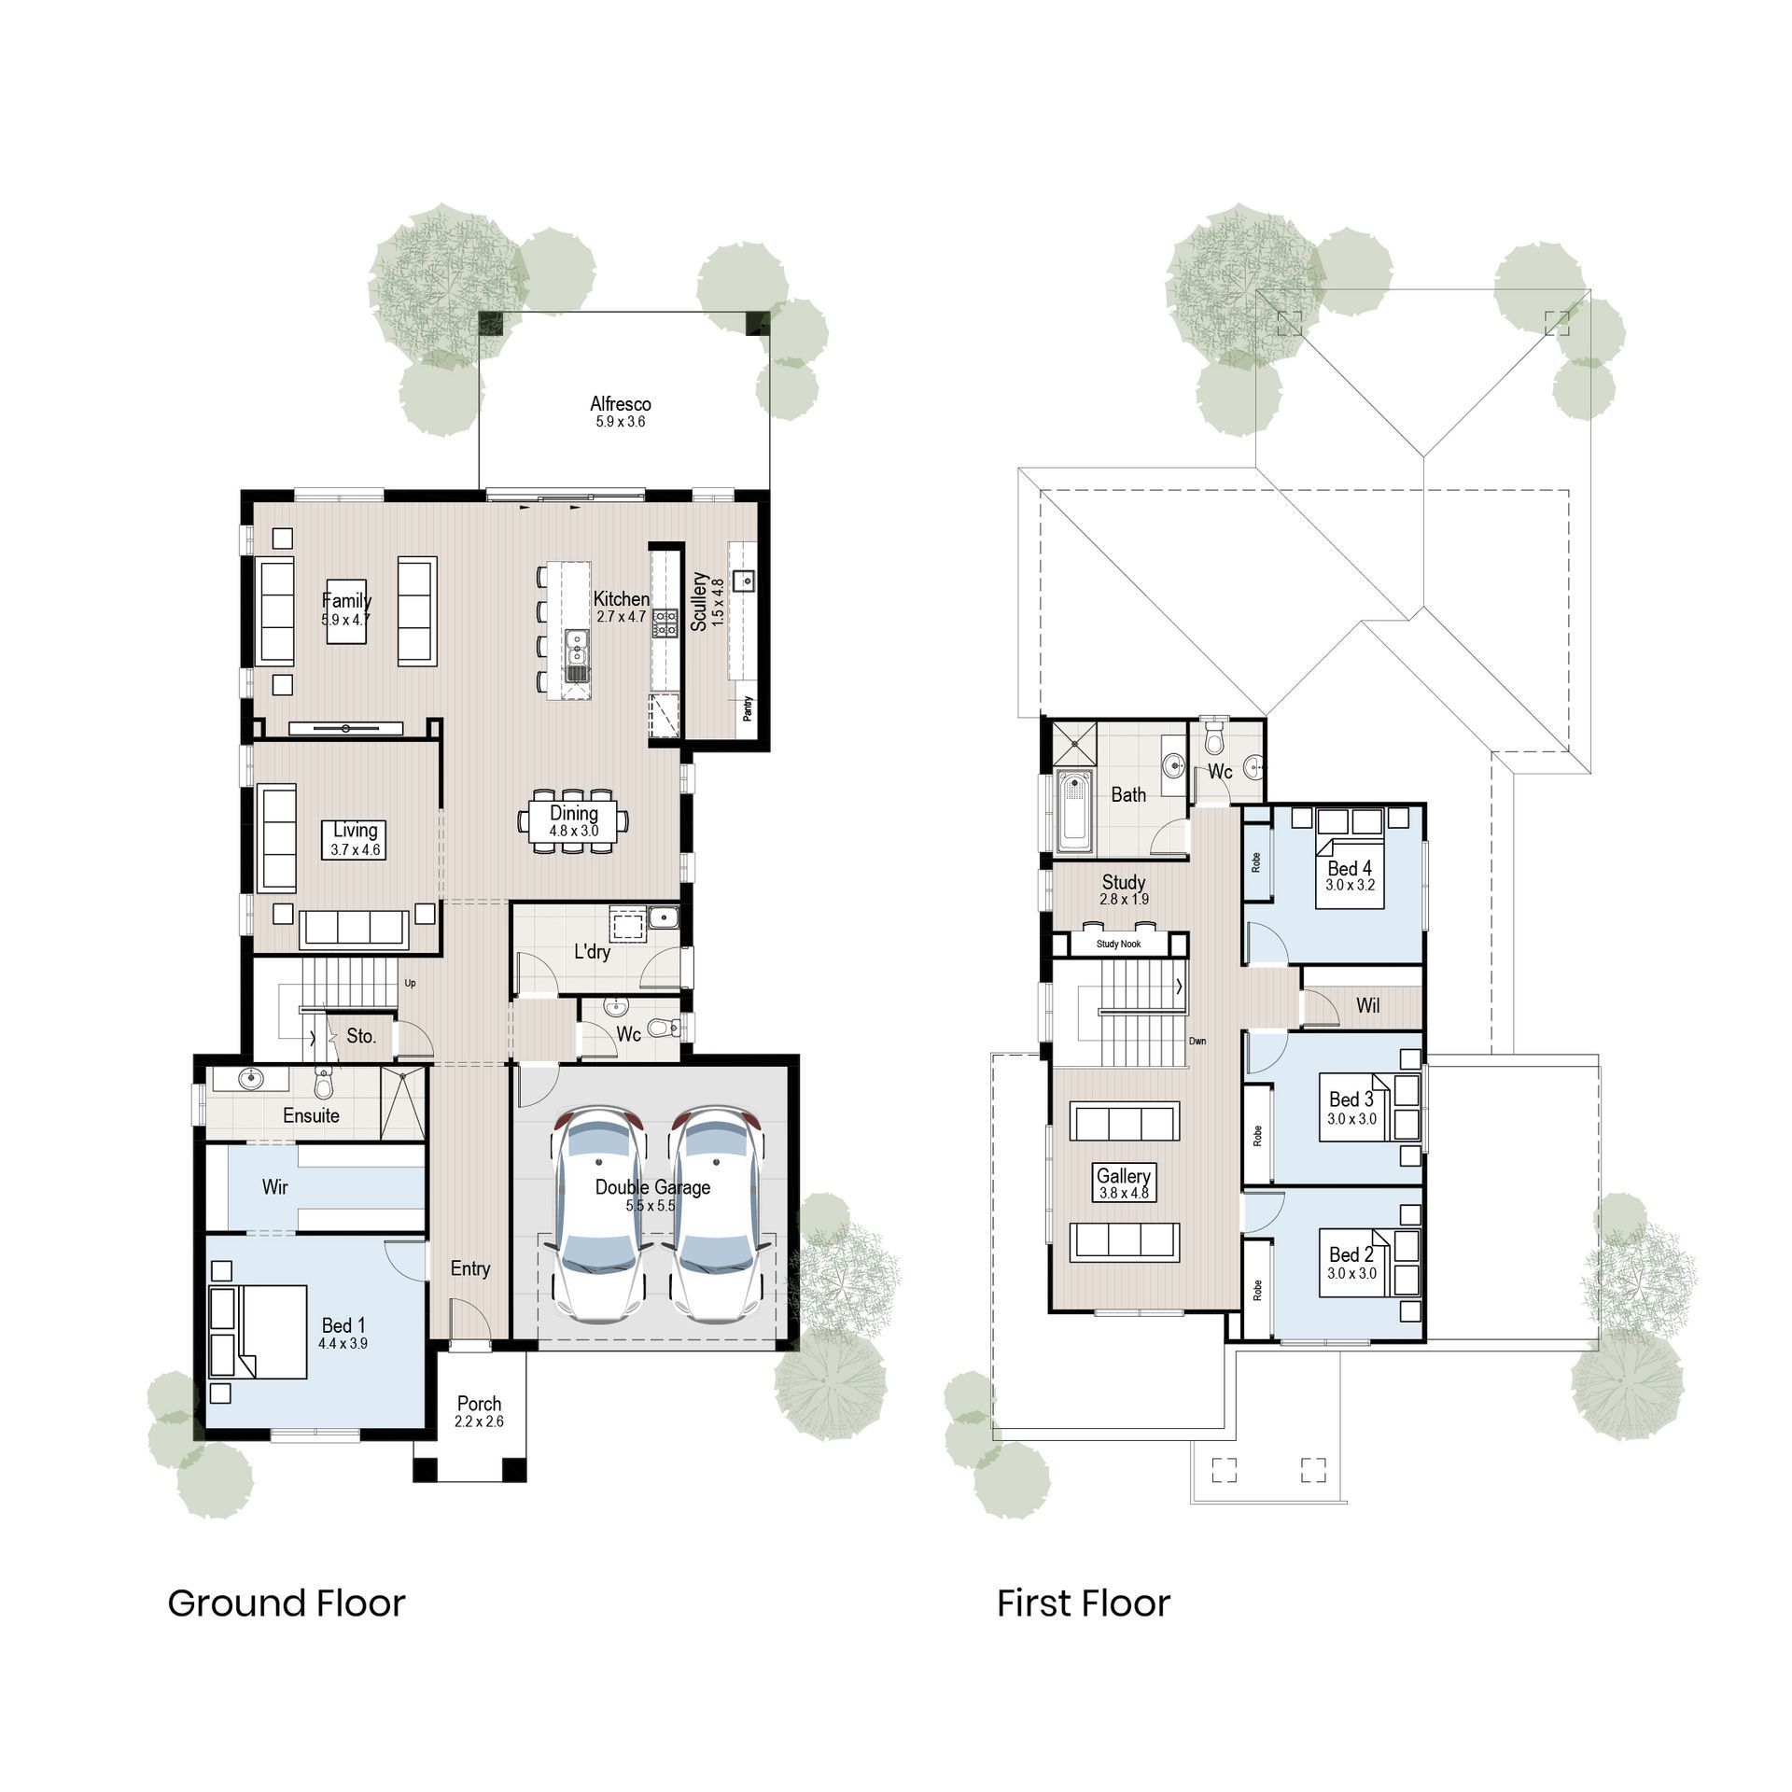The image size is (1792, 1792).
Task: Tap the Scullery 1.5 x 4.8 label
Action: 707,602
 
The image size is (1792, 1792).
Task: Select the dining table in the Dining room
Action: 573,821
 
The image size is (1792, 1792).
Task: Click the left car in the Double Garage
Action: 598,1212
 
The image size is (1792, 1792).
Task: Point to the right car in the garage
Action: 716,1212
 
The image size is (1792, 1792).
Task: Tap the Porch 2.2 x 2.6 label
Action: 479,1411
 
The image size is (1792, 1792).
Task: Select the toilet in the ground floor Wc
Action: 664,1028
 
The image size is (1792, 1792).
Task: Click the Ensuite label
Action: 311,1115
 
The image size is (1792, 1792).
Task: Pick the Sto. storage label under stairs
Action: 361,1036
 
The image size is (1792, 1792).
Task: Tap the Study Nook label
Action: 1118,944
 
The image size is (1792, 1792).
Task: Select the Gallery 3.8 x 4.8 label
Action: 1124,1183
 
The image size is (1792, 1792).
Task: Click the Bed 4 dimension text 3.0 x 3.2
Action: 1350,885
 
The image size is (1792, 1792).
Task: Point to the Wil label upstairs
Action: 1367,1006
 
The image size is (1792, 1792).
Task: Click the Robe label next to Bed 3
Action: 1257,1136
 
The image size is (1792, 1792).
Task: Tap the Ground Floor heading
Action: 287,1603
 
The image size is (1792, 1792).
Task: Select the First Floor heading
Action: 1083,1603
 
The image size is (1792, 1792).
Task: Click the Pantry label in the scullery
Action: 748,709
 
